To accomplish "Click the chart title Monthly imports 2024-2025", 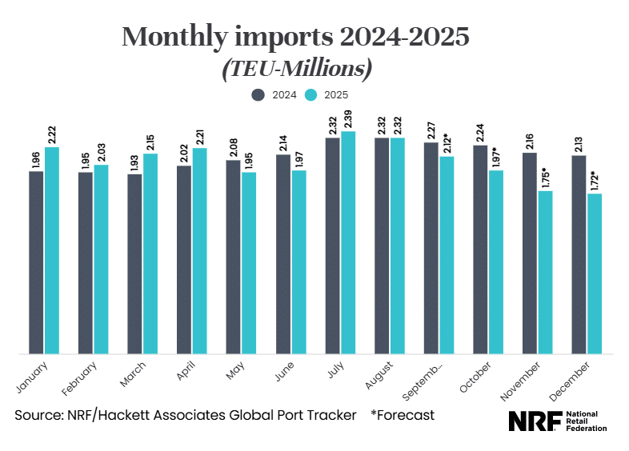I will point(295,37).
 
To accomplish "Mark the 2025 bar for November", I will point(545,272).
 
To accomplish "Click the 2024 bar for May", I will point(233,256).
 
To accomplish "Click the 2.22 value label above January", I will point(52,134).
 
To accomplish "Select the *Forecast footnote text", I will point(403,416).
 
